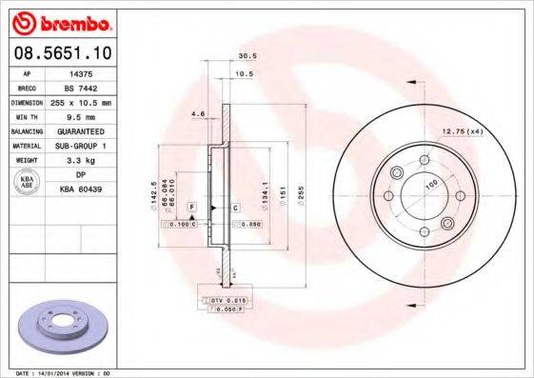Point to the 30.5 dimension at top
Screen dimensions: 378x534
tap(244, 56)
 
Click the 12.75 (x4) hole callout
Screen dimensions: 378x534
tap(462, 129)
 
